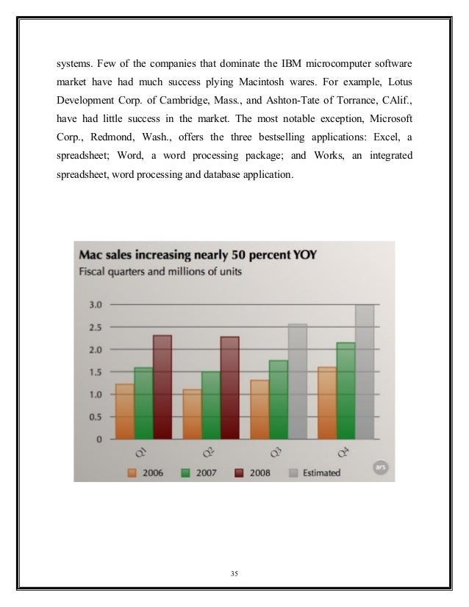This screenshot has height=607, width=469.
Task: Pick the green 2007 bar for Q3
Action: coord(278,400)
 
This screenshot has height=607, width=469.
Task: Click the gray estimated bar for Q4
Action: coord(365,372)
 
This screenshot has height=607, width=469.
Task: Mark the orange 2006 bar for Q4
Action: coord(326,403)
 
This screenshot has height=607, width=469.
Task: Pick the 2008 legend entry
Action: coord(251,473)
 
